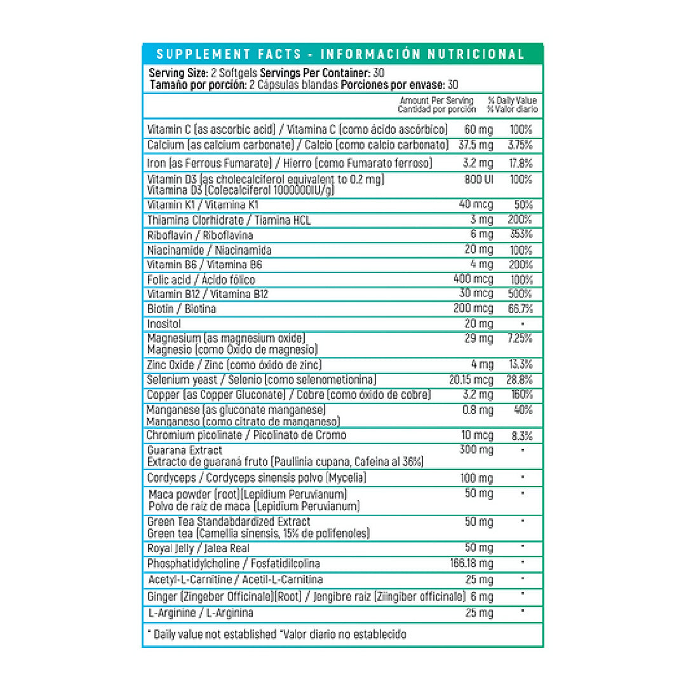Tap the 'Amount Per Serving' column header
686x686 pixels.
click(x=436, y=100)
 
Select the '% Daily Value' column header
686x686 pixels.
click(x=512, y=100)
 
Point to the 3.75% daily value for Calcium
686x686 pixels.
click(x=520, y=145)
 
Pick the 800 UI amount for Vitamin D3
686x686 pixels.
click(x=479, y=179)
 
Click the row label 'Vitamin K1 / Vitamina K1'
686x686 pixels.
click(x=194, y=205)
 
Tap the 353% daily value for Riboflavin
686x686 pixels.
click(x=521, y=234)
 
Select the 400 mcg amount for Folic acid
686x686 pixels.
click(x=473, y=279)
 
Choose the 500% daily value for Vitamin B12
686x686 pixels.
click(x=521, y=293)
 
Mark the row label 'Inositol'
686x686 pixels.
click(x=164, y=324)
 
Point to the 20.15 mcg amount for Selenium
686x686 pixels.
click(x=471, y=380)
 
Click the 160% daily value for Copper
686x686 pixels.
click(x=521, y=395)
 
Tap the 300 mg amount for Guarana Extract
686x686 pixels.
click(x=476, y=450)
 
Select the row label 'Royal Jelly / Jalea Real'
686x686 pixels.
click(x=198, y=548)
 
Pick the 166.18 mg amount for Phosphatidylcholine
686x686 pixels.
click(x=471, y=563)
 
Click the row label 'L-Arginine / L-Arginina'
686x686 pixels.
click(x=200, y=613)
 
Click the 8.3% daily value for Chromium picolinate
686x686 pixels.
click(x=521, y=436)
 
